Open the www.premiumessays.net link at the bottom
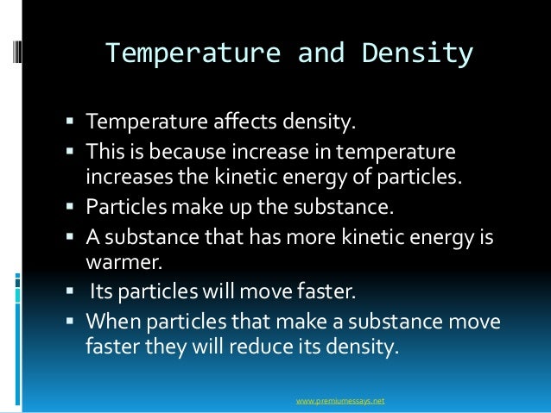pyautogui.click(x=339, y=401)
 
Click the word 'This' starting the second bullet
pyautogui.click(x=105, y=153)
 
